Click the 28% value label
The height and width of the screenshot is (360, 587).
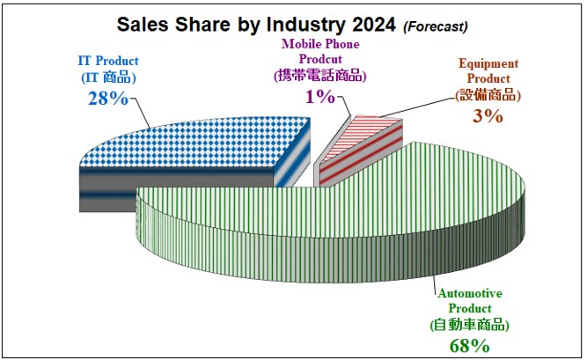pos(106,98)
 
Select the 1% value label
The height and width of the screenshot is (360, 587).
pos(320,96)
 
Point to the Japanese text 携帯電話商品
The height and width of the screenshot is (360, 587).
pos(321,75)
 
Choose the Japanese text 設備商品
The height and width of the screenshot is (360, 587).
pos(488,94)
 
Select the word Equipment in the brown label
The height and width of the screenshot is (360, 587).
pos(488,63)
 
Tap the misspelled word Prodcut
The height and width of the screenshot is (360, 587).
pos(320,58)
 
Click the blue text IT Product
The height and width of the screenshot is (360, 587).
pos(106,62)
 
